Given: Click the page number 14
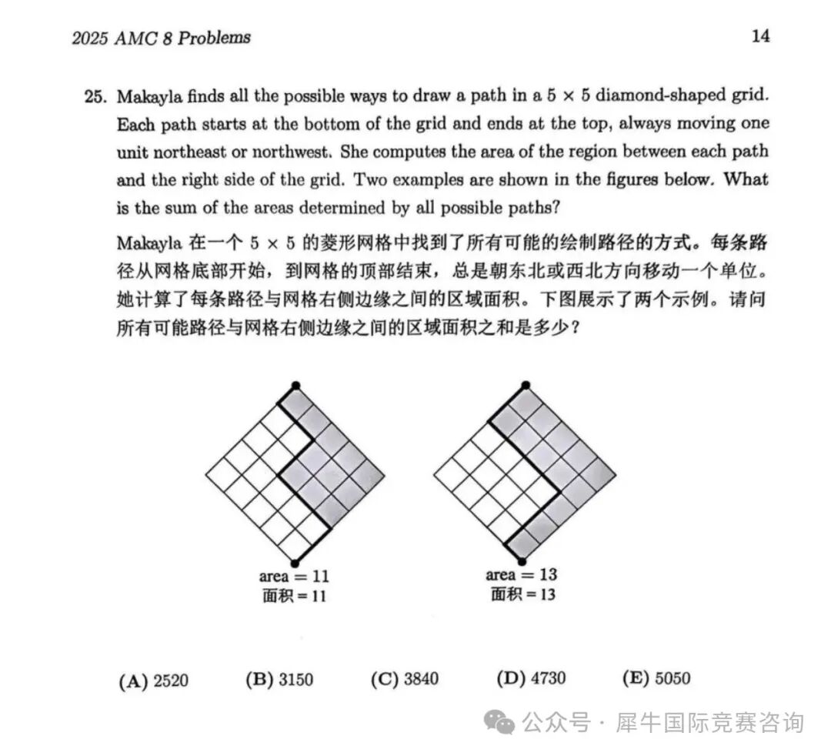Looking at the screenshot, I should (x=759, y=35).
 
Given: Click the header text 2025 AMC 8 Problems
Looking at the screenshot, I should (x=162, y=38).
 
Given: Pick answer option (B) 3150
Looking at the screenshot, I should (x=279, y=679).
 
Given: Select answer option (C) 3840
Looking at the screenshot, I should (x=404, y=679).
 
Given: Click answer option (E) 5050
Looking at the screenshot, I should (x=656, y=678).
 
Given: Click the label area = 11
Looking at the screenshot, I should (x=295, y=577).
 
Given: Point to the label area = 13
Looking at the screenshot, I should (x=522, y=575).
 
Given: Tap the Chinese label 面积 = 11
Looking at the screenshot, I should (x=295, y=595).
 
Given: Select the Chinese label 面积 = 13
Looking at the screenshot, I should (x=522, y=594).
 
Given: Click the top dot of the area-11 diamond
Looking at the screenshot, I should (x=295, y=385).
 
